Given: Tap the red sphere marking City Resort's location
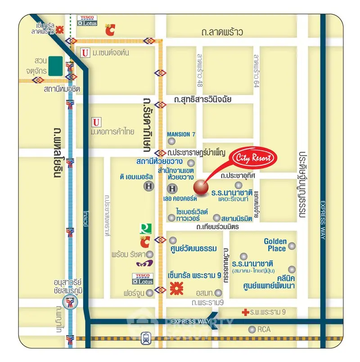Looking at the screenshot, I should click(x=201, y=187).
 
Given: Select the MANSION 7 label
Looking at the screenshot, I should click(x=181, y=134).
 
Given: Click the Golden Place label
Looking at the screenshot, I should click(x=275, y=245).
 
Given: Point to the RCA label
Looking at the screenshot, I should click(x=264, y=330).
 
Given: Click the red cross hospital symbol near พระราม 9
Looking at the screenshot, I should click(x=245, y=312).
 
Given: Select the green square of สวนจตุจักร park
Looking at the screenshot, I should click(x=56, y=65).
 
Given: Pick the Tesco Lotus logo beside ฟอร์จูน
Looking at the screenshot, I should click(x=143, y=279).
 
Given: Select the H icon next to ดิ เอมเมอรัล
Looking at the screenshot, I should click(x=148, y=186).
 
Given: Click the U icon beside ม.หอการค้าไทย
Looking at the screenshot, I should click(x=95, y=122).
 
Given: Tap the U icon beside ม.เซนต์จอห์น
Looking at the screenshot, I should click(x=84, y=53).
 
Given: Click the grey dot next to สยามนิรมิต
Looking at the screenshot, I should click(x=217, y=217).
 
